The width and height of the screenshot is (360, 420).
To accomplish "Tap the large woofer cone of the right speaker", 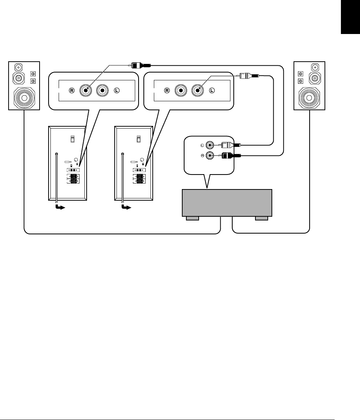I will point(310,98).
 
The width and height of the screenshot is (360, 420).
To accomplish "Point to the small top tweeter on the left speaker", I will point(18,68).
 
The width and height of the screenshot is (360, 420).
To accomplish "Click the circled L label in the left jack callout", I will point(117,90).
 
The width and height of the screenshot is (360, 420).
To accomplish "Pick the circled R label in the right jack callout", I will point(167,90).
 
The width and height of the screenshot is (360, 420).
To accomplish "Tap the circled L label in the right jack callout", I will point(212,90).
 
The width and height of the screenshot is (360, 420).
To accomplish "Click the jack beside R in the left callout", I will point(86,90).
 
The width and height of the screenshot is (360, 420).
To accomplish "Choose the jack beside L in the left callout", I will point(102,90).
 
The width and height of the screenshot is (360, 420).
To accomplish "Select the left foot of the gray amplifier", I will point(193,218).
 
